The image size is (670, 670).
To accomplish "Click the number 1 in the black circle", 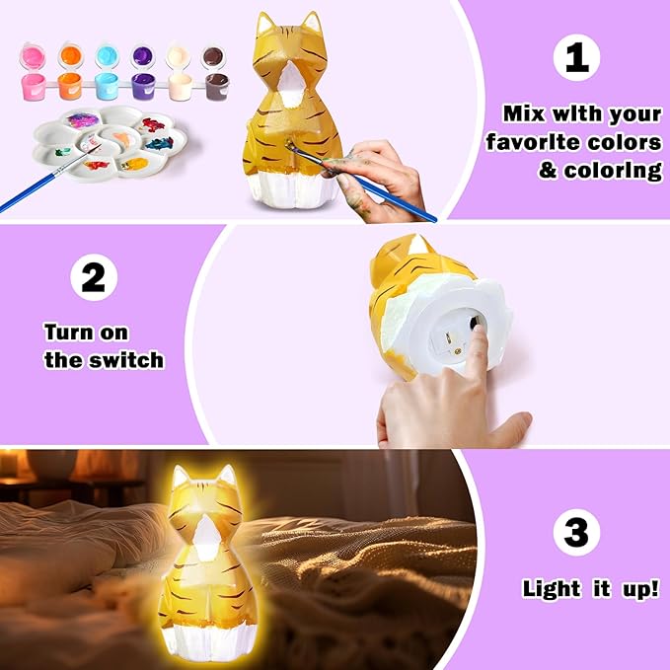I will [577, 58].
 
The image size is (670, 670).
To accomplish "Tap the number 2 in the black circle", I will [93, 278].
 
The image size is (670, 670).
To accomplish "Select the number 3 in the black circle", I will [577, 533].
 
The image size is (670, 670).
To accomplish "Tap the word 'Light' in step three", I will [552, 589].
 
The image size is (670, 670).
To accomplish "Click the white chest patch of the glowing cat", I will [206, 539].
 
